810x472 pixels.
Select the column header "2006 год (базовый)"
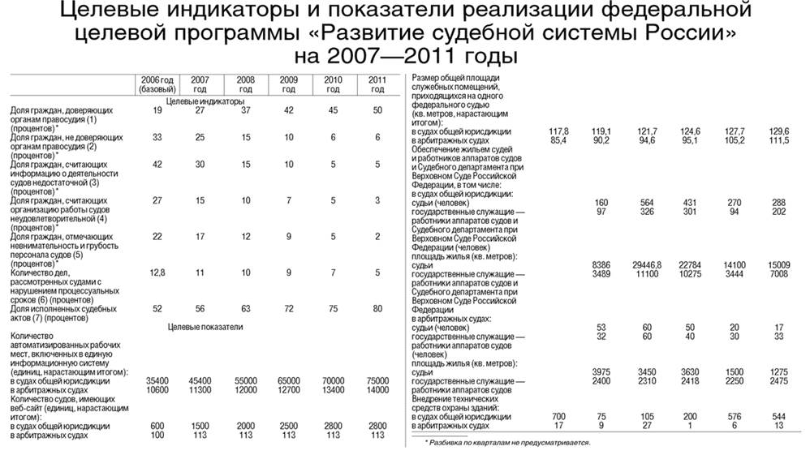point(157,84)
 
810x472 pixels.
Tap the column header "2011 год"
point(377,84)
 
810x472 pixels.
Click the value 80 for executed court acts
point(377,309)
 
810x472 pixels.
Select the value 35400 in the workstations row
point(157,380)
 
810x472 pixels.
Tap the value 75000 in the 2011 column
point(377,380)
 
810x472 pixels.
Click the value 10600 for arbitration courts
point(157,389)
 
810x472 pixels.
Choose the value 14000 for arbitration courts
point(377,389)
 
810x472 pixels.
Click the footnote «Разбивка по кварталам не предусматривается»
point(508,443)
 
